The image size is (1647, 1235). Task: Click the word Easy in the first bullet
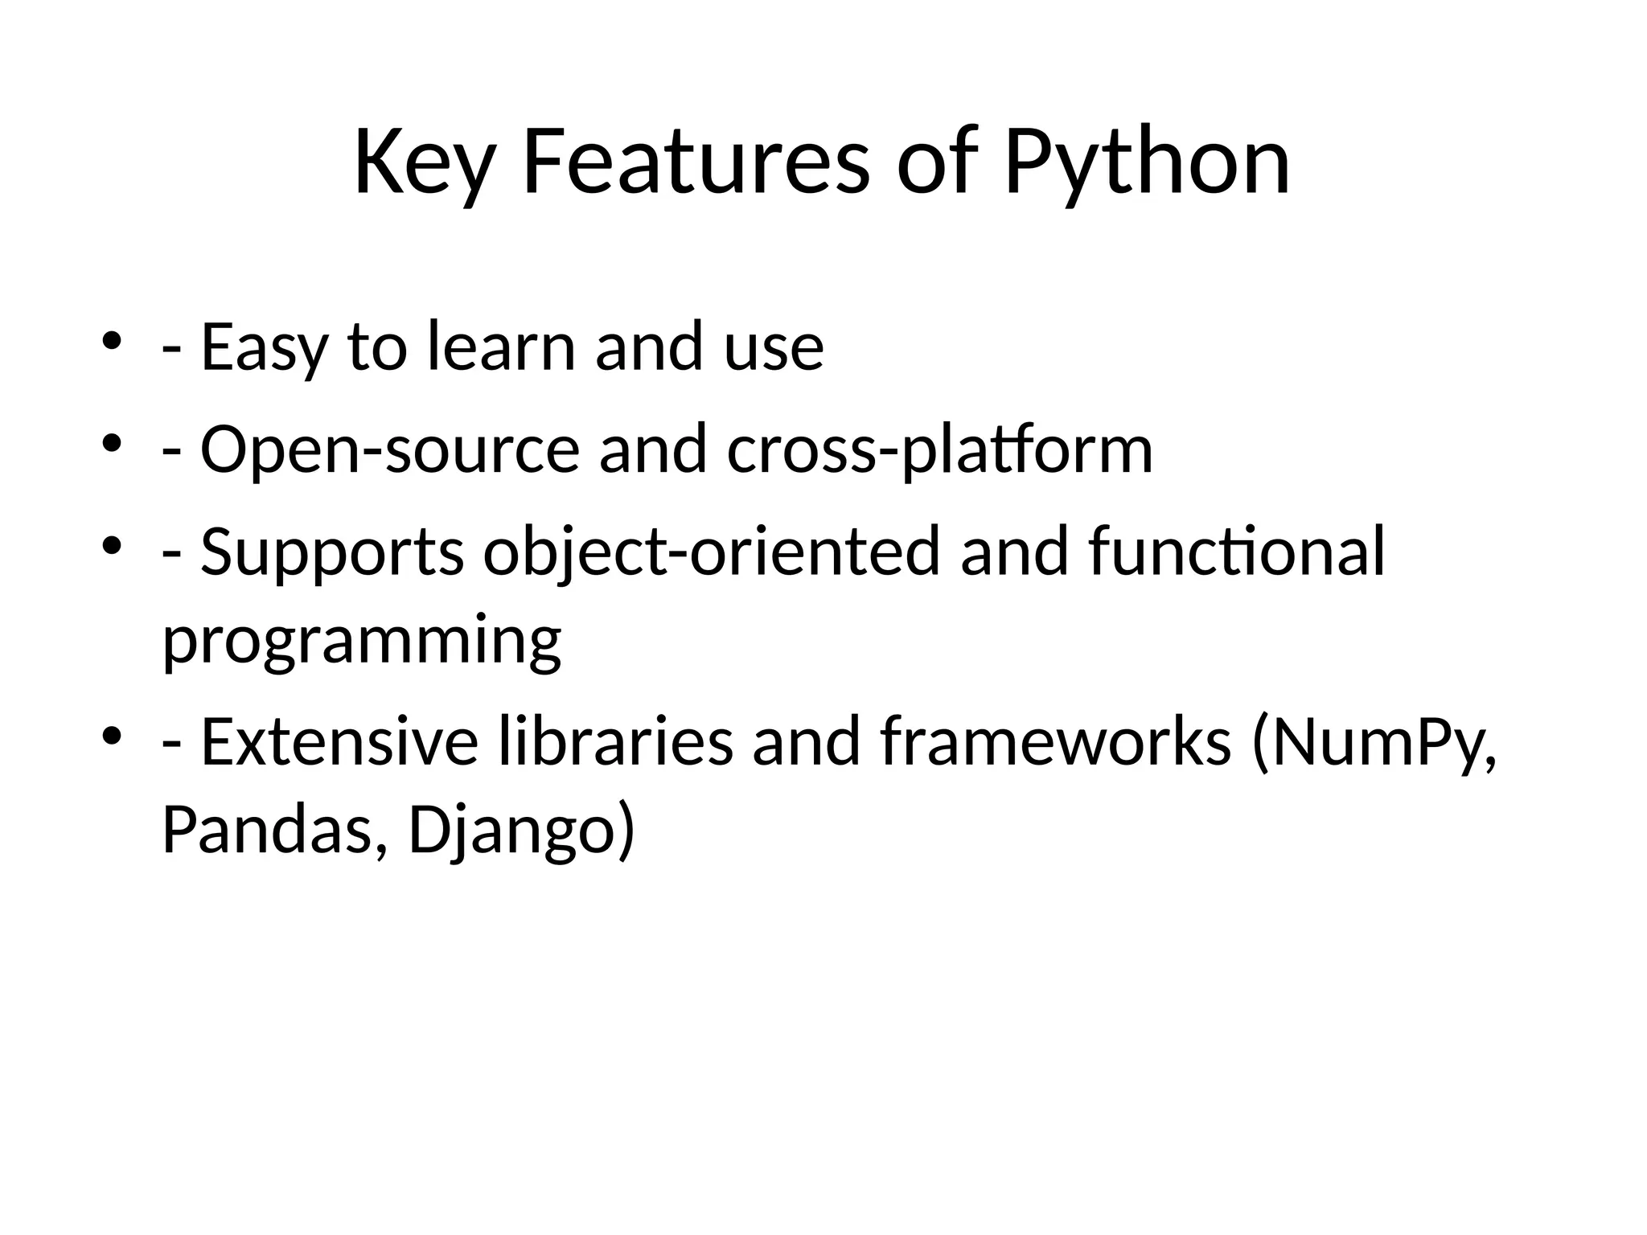click(x=264, y=348)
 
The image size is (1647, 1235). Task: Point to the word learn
click(x=500, y=347)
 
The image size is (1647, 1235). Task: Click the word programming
click(x=362, y=642)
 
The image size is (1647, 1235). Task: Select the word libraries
click(x=616, y=741)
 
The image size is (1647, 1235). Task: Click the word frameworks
click(x=1056, y=741)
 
